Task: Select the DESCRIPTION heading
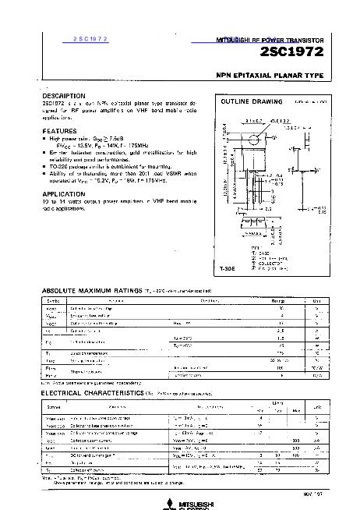[66, 96]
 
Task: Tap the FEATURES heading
[59, 130]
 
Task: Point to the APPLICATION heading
[64, 193]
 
